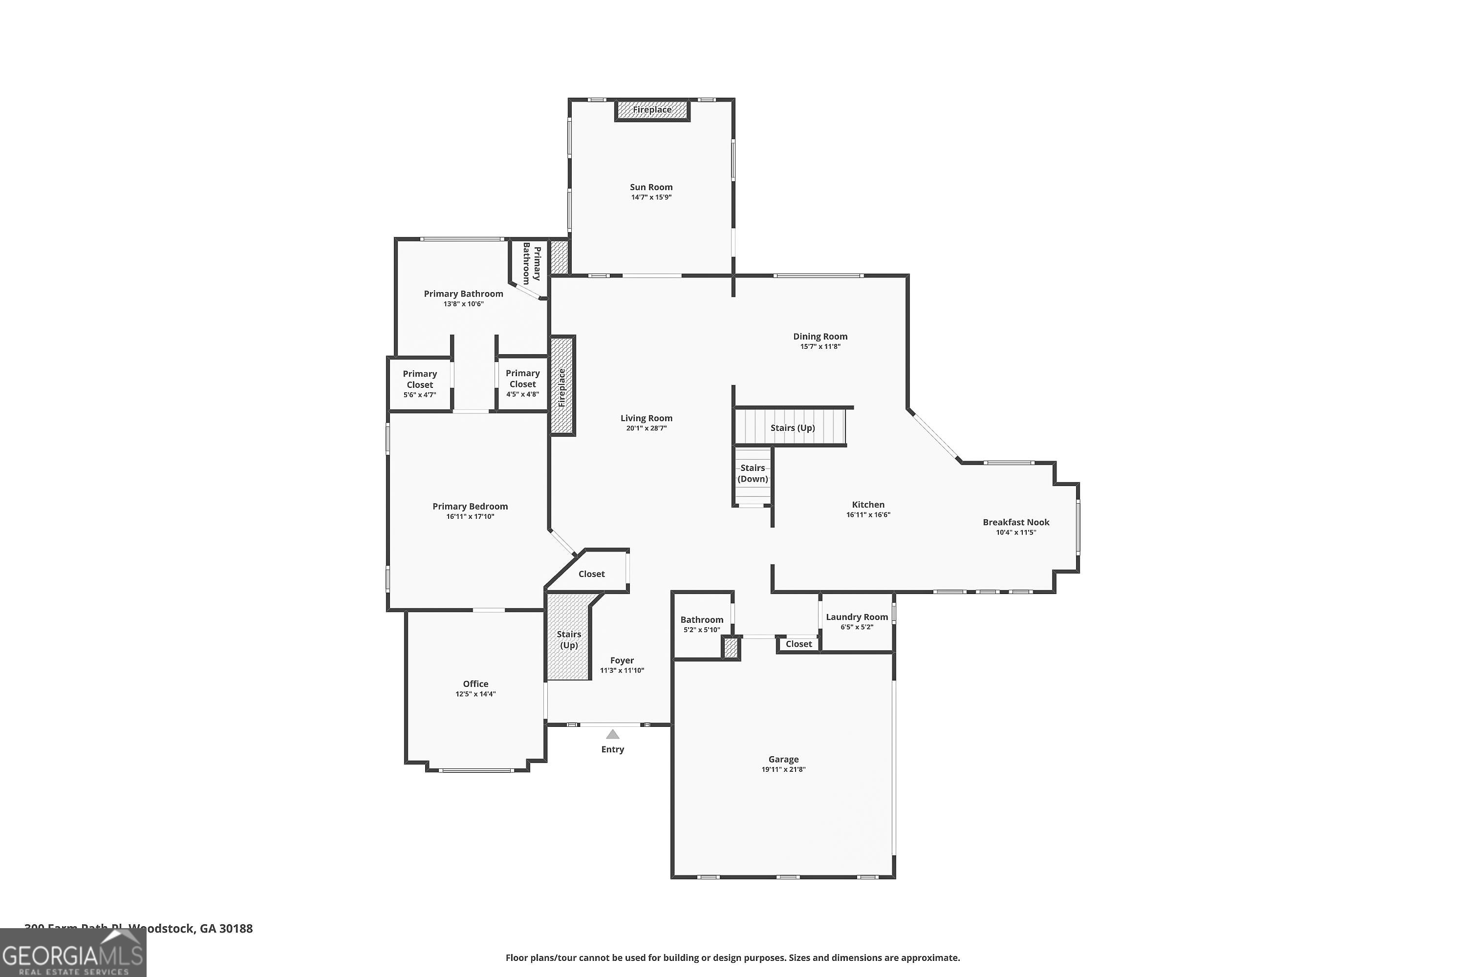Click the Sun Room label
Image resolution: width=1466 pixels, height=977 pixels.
tap(651, 187)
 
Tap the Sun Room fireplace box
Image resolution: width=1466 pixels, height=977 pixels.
tap(652, 109)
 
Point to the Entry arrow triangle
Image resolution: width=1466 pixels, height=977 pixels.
tap(613, 735)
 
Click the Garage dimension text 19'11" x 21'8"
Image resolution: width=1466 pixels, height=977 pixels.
tap(783, 769)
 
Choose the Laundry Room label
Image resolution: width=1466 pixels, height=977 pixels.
tap(857, 617)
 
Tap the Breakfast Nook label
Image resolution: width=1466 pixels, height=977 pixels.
tap(1016, 522)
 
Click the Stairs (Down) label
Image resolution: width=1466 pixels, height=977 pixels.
tap(753, 473)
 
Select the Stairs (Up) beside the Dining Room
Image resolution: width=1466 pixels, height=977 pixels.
tap(792, 427)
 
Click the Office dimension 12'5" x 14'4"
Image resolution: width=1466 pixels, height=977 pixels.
tap(475, 694)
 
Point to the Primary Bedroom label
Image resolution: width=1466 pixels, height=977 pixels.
tap(470, 507)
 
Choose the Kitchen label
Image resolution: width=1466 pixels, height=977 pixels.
tap(868, 505)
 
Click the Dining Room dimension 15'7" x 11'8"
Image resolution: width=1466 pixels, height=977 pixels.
tap(820, 346)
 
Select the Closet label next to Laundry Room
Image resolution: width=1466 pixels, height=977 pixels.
tap(798, 644)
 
